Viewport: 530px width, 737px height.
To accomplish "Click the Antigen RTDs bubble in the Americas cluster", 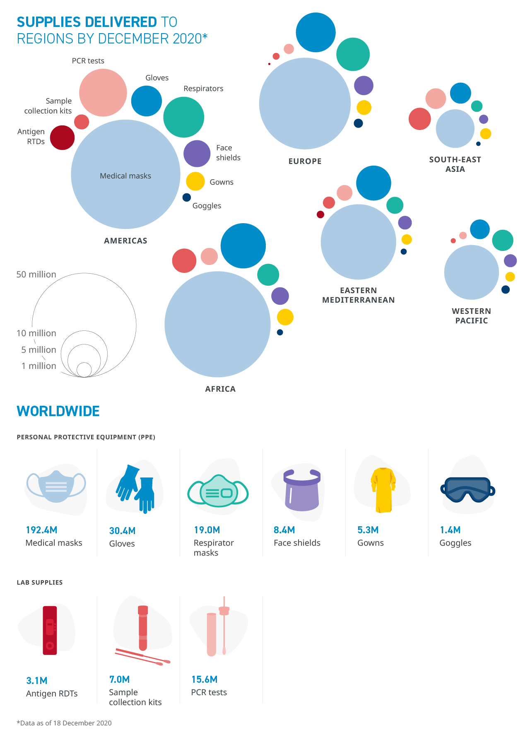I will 62,137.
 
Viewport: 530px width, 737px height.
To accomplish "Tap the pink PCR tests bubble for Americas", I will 103,93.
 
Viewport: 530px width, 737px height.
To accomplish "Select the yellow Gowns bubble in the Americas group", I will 195,181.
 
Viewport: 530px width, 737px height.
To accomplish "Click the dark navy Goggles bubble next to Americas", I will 187,197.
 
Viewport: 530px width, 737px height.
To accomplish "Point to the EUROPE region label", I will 305,161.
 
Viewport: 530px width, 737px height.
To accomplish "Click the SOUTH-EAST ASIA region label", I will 455,164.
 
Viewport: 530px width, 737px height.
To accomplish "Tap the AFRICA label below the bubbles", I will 220,389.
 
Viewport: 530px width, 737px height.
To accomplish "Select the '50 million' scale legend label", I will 36,275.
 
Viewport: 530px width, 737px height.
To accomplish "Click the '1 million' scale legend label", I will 39,366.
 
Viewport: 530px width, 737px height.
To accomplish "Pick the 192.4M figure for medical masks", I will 41,530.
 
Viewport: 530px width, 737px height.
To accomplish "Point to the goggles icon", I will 467,490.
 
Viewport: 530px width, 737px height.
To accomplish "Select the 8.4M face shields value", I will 284,530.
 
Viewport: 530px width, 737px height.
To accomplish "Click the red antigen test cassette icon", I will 50,630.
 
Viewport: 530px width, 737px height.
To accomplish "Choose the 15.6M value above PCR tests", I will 204,679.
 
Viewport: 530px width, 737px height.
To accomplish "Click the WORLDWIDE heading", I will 58,411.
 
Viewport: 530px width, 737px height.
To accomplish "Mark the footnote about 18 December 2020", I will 64,723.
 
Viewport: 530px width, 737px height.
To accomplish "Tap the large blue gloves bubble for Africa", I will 243,246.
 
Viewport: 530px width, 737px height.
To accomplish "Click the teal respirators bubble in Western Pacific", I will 502,240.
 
